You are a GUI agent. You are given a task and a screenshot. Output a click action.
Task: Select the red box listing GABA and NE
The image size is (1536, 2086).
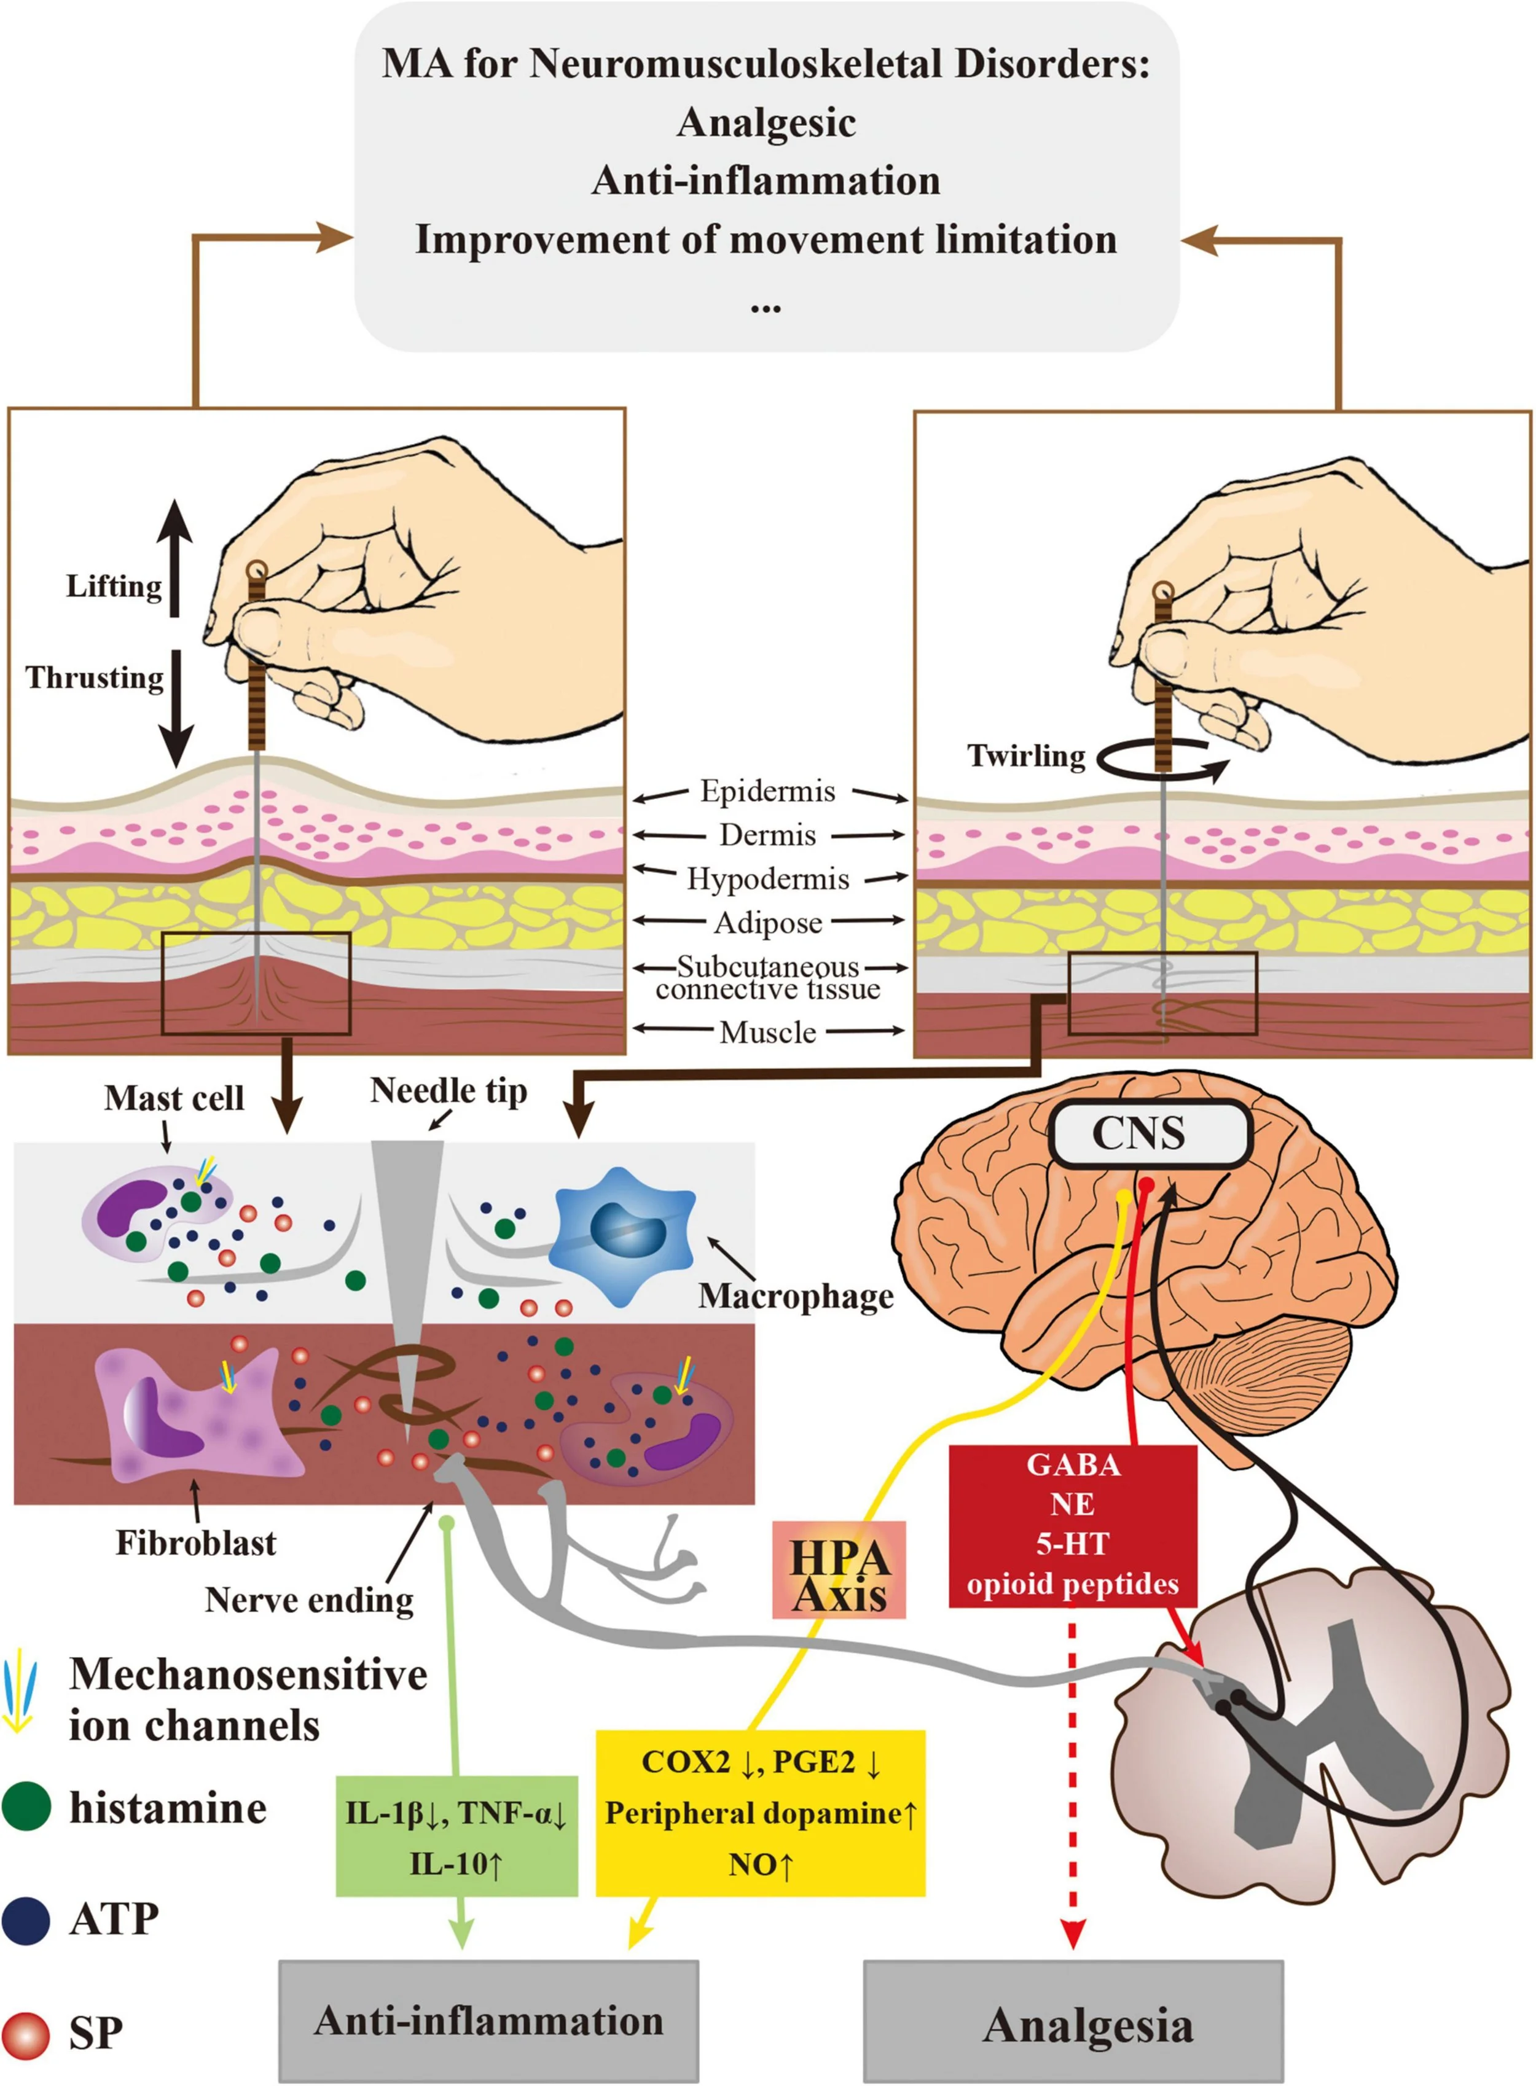[x=1072, y=1525]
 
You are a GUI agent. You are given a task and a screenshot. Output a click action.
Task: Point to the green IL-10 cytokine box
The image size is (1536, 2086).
[x=456, y=1836]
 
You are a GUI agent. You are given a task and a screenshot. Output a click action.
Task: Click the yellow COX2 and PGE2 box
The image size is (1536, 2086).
[x=759, y=1812]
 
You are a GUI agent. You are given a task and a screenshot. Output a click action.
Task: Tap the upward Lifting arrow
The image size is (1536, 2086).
[x=174, y=558]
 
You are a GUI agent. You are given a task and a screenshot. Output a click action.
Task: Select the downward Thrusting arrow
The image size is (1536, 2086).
[x=174, y=706]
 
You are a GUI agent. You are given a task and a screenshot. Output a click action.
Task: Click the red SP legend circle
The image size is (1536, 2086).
[x=26, y=2034]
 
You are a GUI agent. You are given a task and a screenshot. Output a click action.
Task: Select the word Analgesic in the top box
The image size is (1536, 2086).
[x=766, y=122]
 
